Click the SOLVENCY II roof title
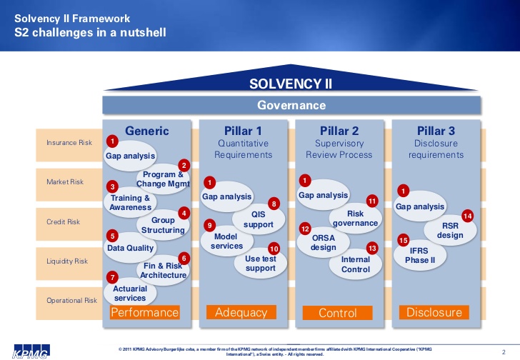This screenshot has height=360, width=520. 291,84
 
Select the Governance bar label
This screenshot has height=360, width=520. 291,106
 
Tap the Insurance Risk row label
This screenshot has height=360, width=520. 69,143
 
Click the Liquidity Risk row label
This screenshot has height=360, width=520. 69,261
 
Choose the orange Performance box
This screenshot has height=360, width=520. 145,313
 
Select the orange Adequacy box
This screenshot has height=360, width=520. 241,313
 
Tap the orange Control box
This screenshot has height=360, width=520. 337,313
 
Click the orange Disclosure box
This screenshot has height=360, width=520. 434,313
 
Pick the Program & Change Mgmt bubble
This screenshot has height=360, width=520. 163,179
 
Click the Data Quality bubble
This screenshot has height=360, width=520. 131,248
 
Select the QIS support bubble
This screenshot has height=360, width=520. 258,219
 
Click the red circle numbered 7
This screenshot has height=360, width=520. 111,277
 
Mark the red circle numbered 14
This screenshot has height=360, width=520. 468,216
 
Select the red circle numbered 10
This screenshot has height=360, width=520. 274,249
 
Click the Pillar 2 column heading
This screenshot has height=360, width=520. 339,131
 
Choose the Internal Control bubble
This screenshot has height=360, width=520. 355,264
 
